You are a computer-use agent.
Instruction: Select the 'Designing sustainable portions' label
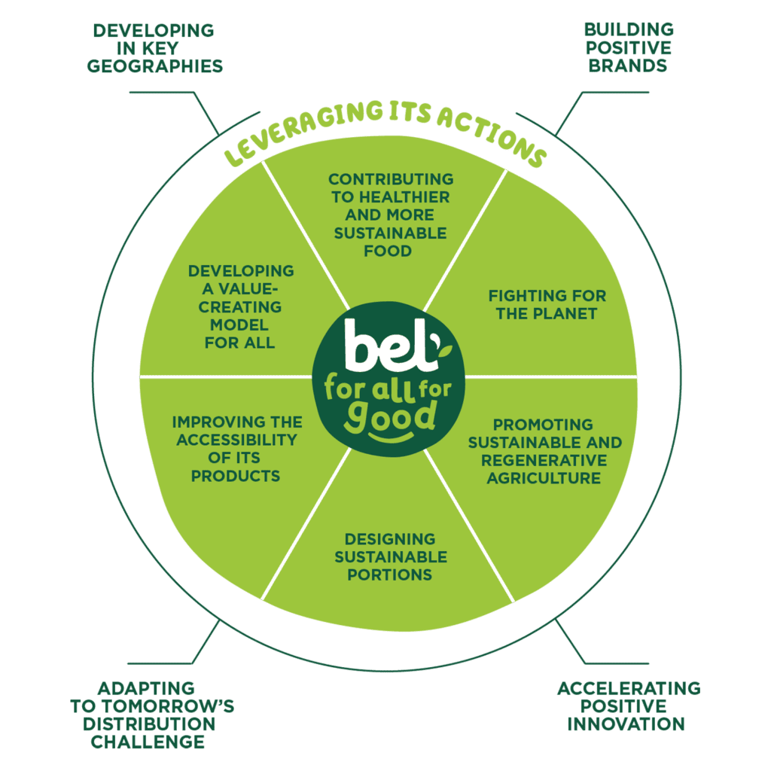pos(390,557)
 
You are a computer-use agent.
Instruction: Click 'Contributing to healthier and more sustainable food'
pos(391,215)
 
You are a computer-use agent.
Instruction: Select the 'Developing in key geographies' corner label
pos(155,48)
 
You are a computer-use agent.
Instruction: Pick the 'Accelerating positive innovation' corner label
pos(628,705)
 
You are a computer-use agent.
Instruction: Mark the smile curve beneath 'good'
pos(392,437)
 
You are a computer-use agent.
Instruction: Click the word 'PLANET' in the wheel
pos(571,313)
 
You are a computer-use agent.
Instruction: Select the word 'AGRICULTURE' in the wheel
pos(544,478)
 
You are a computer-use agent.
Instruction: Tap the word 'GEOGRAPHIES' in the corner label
pos(155,66)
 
